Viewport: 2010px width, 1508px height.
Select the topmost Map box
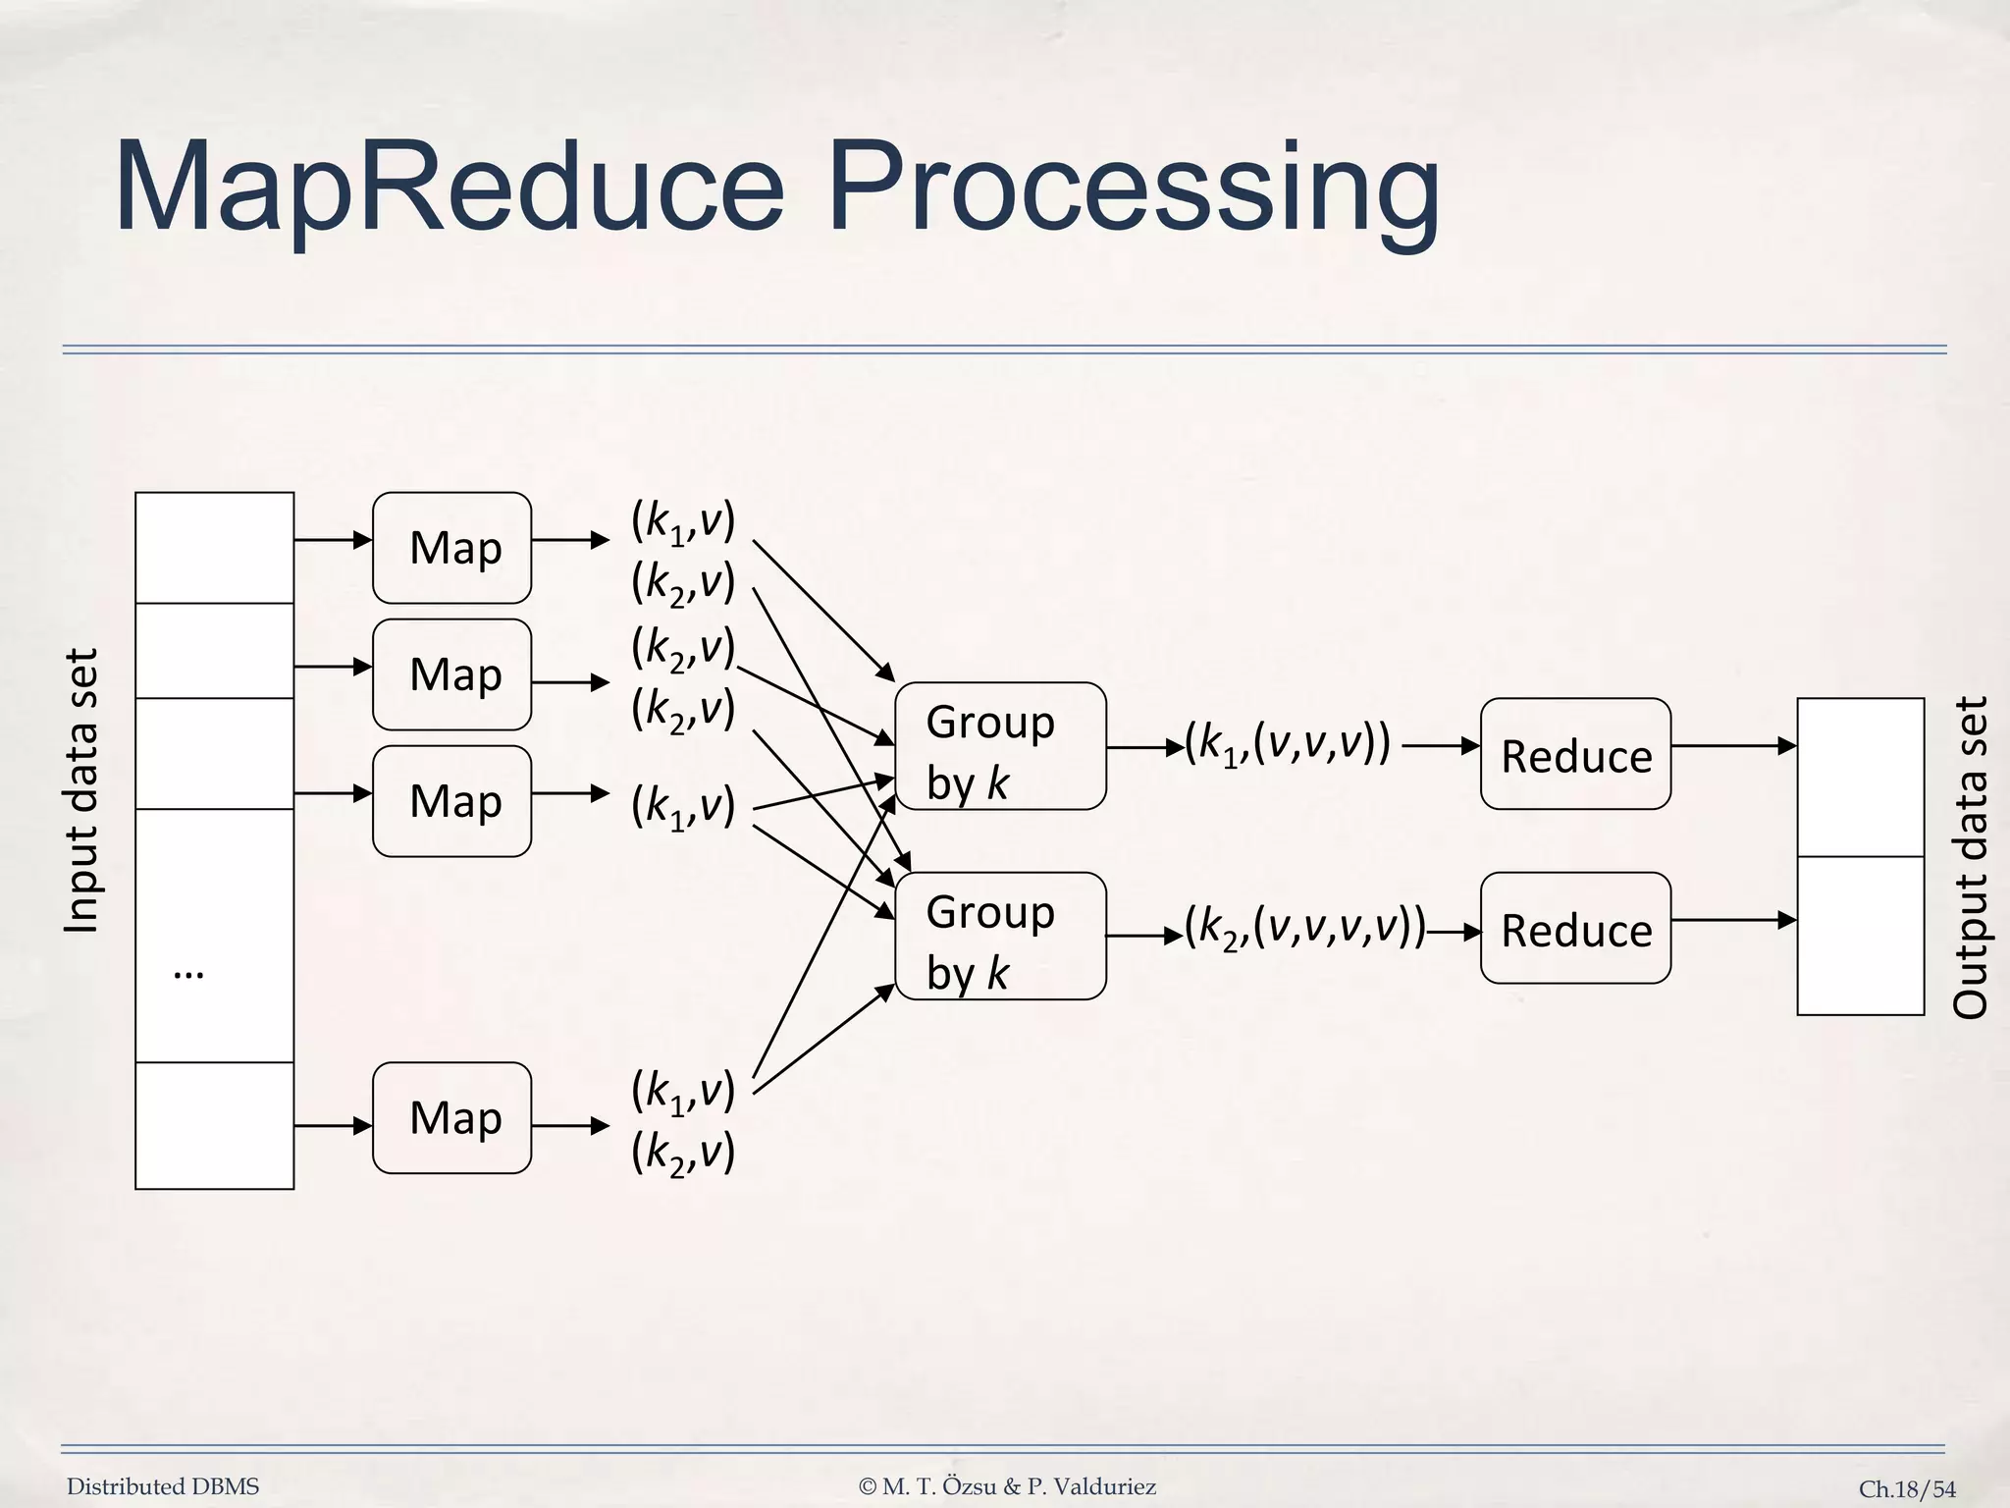[x=451, y=548]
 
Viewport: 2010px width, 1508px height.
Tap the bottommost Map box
[x=451, y=1117]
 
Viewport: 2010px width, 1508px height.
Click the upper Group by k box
[x=1000, y=746]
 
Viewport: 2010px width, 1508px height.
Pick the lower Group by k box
[x=1000, y=936]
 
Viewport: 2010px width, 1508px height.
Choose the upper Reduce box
[x=1575, y=754]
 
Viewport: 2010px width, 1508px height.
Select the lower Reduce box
[x=1575, y=928]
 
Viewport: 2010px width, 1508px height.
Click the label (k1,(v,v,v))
[x=1288, y=744]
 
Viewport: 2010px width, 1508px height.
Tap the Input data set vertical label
[x=81, y=790]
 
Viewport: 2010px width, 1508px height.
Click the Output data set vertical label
[x=1969, y=856]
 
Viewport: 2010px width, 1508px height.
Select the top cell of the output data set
[x=1860, y=778]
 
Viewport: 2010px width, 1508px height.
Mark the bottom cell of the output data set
[x=1860, y=936]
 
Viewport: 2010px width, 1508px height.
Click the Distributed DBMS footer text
[x=163, y=1486]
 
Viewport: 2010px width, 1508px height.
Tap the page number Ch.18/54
[x=1907, y=1489]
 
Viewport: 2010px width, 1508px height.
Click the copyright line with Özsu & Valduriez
[x=1007, y=1486]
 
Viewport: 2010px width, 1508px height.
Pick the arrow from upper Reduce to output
[x=1733, y=746]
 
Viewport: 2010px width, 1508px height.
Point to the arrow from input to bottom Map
[x=333, y=1125]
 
